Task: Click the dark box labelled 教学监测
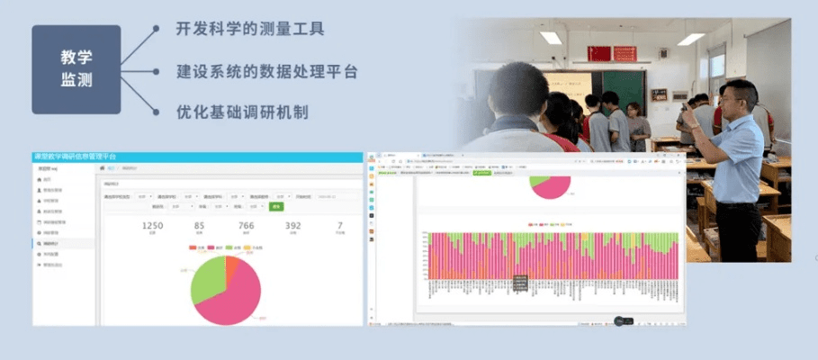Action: point(76,68)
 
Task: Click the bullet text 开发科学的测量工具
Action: point(250,29)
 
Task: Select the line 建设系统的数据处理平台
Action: point(266,71)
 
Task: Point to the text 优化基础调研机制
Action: point(242,112)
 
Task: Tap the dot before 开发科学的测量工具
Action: point(157,29)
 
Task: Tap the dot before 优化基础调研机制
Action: point(157,112)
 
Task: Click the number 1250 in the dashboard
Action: point(152,227)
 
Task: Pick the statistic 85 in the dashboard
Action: point(198,227)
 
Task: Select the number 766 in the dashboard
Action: point(245,227)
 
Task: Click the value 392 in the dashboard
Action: point(292,227)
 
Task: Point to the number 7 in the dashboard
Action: point(339,227)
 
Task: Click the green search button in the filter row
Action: point(275,206)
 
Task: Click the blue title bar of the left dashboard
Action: point(198,157)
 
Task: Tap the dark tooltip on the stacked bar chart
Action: point(519,283)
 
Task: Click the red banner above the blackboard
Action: point(611,53)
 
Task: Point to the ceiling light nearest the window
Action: point(691,40)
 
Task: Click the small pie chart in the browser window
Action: point(549,185)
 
